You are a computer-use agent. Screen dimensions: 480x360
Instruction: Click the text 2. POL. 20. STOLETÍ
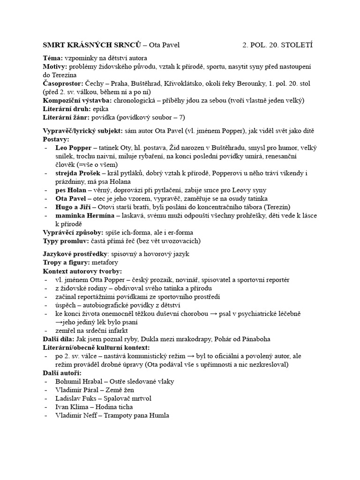click(x=277, y=45)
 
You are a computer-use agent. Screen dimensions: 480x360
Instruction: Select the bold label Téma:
click(x=53, y=59)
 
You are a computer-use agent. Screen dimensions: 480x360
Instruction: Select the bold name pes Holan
click(x=71, y=190)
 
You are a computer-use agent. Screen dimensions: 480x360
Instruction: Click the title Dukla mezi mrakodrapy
click(x=180, y=339)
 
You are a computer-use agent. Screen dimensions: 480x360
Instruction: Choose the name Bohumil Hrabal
click(x=79, y=382)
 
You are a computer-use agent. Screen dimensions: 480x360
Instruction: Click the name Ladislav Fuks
click(x=75, y=398)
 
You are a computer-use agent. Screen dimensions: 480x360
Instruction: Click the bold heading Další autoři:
click(x=62, y=373)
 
